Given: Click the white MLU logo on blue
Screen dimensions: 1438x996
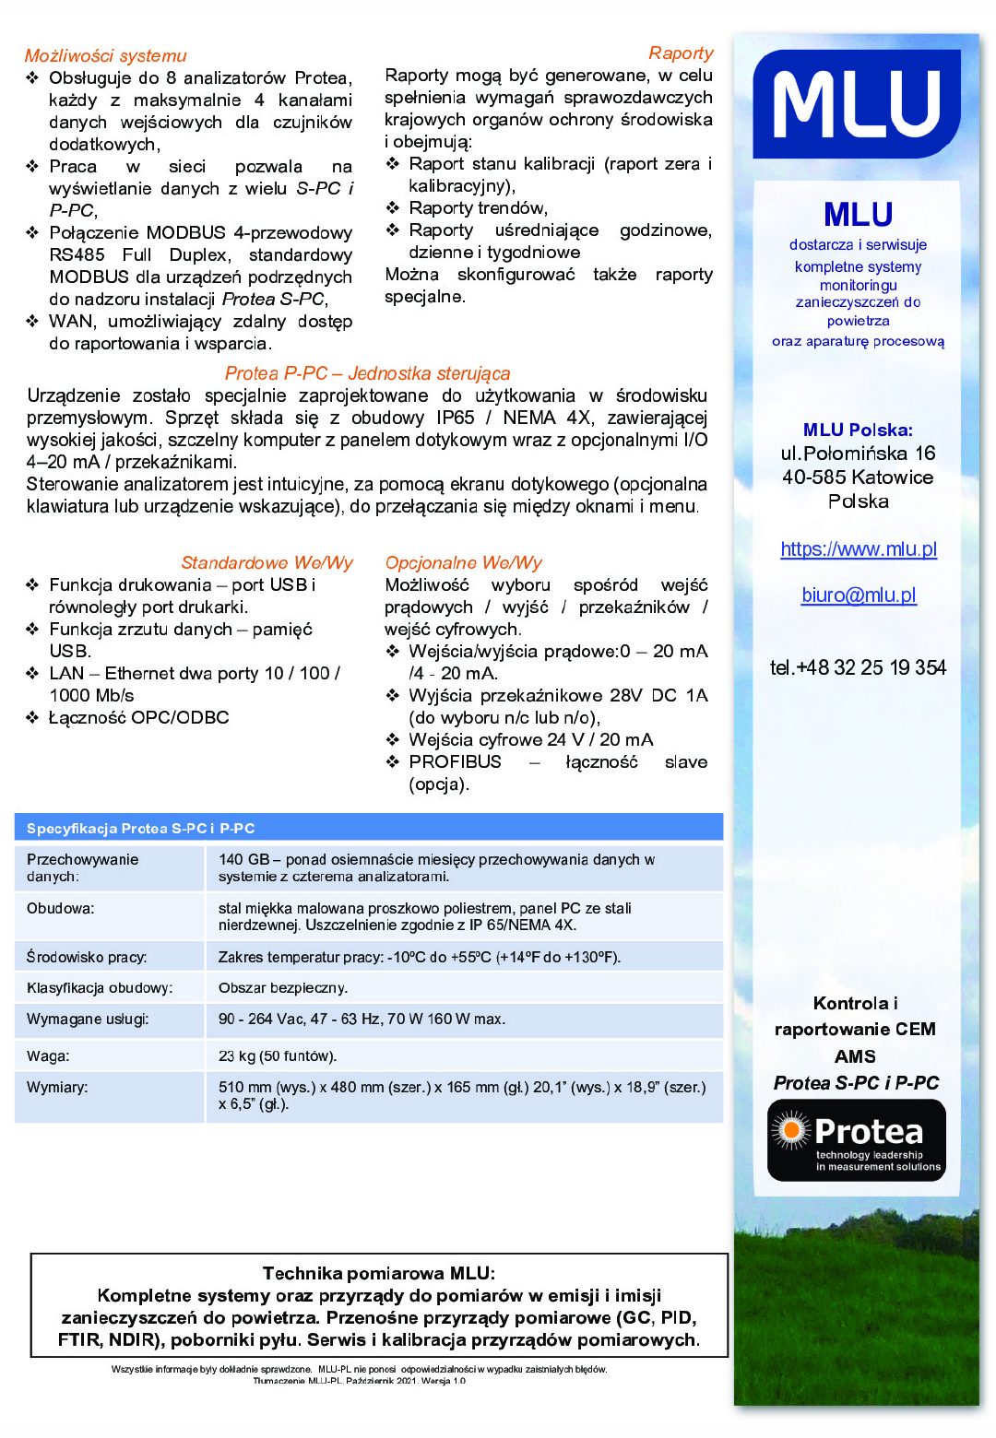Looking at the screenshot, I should click(x=857, y=104).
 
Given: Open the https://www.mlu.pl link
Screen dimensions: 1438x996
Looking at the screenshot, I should click(x=859, y=549).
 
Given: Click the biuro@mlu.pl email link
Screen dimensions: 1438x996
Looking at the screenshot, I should click(x=859, y=595).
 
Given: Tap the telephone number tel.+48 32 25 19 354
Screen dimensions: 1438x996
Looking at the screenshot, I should click(x=858, y=667).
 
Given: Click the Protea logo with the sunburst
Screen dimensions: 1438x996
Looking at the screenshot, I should click(x=857, y=1140).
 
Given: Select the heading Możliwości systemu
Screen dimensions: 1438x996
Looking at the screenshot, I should click(x=105, y=56).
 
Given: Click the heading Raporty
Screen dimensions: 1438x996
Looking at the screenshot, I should click(x=681, y=53).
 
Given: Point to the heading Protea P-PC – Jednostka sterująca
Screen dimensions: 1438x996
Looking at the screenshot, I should click(x=367, y=373).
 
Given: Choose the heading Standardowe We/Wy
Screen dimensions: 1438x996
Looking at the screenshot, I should click(x=267, y=562).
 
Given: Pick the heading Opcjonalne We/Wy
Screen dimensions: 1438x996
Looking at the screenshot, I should click(x=463, y=562).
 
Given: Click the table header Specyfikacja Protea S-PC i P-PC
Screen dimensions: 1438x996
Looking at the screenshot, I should click(x=140, y=829).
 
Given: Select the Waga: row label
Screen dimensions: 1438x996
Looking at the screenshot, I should click(x=48, y=1056).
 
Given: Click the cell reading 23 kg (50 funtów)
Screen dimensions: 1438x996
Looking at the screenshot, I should click(x=278, y=1056).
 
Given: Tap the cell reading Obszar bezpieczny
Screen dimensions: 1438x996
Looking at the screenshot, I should click(x=283, y=988).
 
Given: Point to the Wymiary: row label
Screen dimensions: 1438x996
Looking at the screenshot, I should click(x=57, y=1088).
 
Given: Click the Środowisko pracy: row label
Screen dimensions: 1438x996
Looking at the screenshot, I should click(x=87, y=958).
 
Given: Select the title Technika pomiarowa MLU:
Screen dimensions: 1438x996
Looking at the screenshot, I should click(x=379, y=1274).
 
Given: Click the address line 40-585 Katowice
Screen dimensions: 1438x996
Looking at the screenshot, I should click(x=858, y=477).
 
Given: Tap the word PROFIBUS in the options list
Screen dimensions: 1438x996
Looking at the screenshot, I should click(x=456, y=762).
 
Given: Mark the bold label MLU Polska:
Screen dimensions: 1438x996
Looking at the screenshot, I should click(x=858, y=430).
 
